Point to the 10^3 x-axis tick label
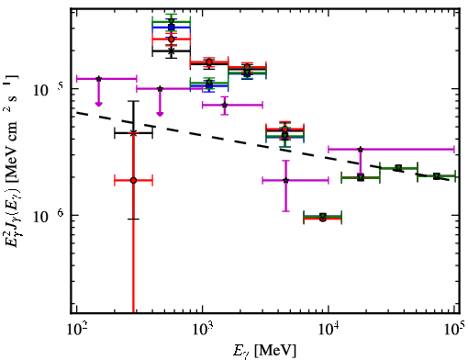tap(203, 331)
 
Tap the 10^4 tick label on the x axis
tap(329, 331)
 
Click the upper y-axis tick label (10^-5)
tap(48, 89)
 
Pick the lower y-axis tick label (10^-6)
tap(48, 216)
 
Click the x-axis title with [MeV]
tap(264, 351)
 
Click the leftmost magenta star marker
tap(98, 79)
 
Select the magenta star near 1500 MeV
tap(225, 105)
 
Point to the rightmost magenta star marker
tap(361, 150)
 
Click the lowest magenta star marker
tap(285, 180)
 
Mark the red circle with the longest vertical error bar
tap(133, 180)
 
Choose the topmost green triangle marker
tap(172, 21)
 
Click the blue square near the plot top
tap(172, 28)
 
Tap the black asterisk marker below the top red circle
tap(172, 51)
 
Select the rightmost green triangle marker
tap(437, 176)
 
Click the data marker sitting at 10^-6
tap(323, 217)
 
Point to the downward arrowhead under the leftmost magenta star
tap(98, 104)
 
